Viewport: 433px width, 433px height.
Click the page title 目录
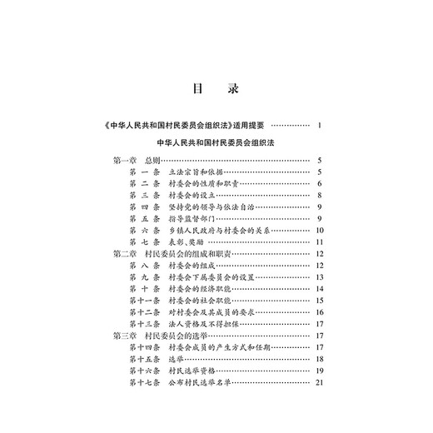216,87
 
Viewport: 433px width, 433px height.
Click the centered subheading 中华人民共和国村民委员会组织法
216,143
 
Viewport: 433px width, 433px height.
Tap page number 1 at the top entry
320,126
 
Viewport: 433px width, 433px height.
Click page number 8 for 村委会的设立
320,196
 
